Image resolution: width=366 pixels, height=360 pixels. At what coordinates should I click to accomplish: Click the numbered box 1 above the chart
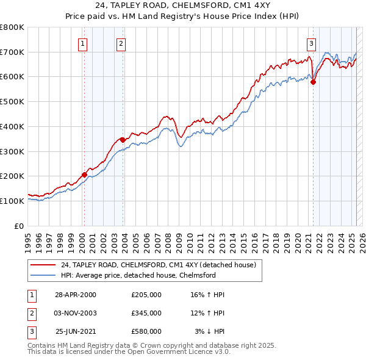click(82, 43)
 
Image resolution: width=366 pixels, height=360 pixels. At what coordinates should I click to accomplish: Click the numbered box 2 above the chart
click(121, 43)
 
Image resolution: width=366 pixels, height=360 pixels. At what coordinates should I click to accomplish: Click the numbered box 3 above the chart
click(311, 43)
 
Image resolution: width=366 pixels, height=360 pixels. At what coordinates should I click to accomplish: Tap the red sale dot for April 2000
click(84, 175)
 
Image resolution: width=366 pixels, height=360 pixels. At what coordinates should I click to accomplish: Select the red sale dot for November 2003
click(123, 140)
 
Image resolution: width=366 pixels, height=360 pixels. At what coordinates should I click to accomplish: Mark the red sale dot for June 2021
click(314, 81)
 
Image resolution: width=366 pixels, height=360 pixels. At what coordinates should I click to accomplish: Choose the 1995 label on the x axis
click(28, 238)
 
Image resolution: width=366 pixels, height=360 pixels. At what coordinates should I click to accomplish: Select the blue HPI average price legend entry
click(138, 275)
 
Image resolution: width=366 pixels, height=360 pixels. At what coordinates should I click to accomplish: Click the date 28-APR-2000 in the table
click(75, 295)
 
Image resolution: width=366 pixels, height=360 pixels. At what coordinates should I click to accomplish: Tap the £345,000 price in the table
click(146, 313)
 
